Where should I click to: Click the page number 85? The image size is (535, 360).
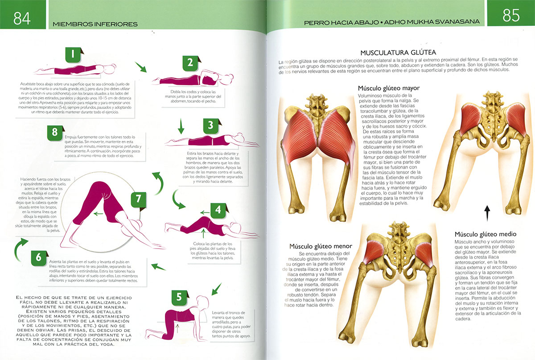511,16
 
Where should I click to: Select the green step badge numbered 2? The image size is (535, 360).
190,63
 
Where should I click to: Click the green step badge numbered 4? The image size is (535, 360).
218,210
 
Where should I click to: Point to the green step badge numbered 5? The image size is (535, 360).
179,298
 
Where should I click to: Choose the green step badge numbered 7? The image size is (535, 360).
139,199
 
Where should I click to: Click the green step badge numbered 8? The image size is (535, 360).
55,132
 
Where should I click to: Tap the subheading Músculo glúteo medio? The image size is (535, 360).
485,234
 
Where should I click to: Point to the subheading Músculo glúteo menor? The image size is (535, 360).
321,246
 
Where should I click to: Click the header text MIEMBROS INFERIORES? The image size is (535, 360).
95,23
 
